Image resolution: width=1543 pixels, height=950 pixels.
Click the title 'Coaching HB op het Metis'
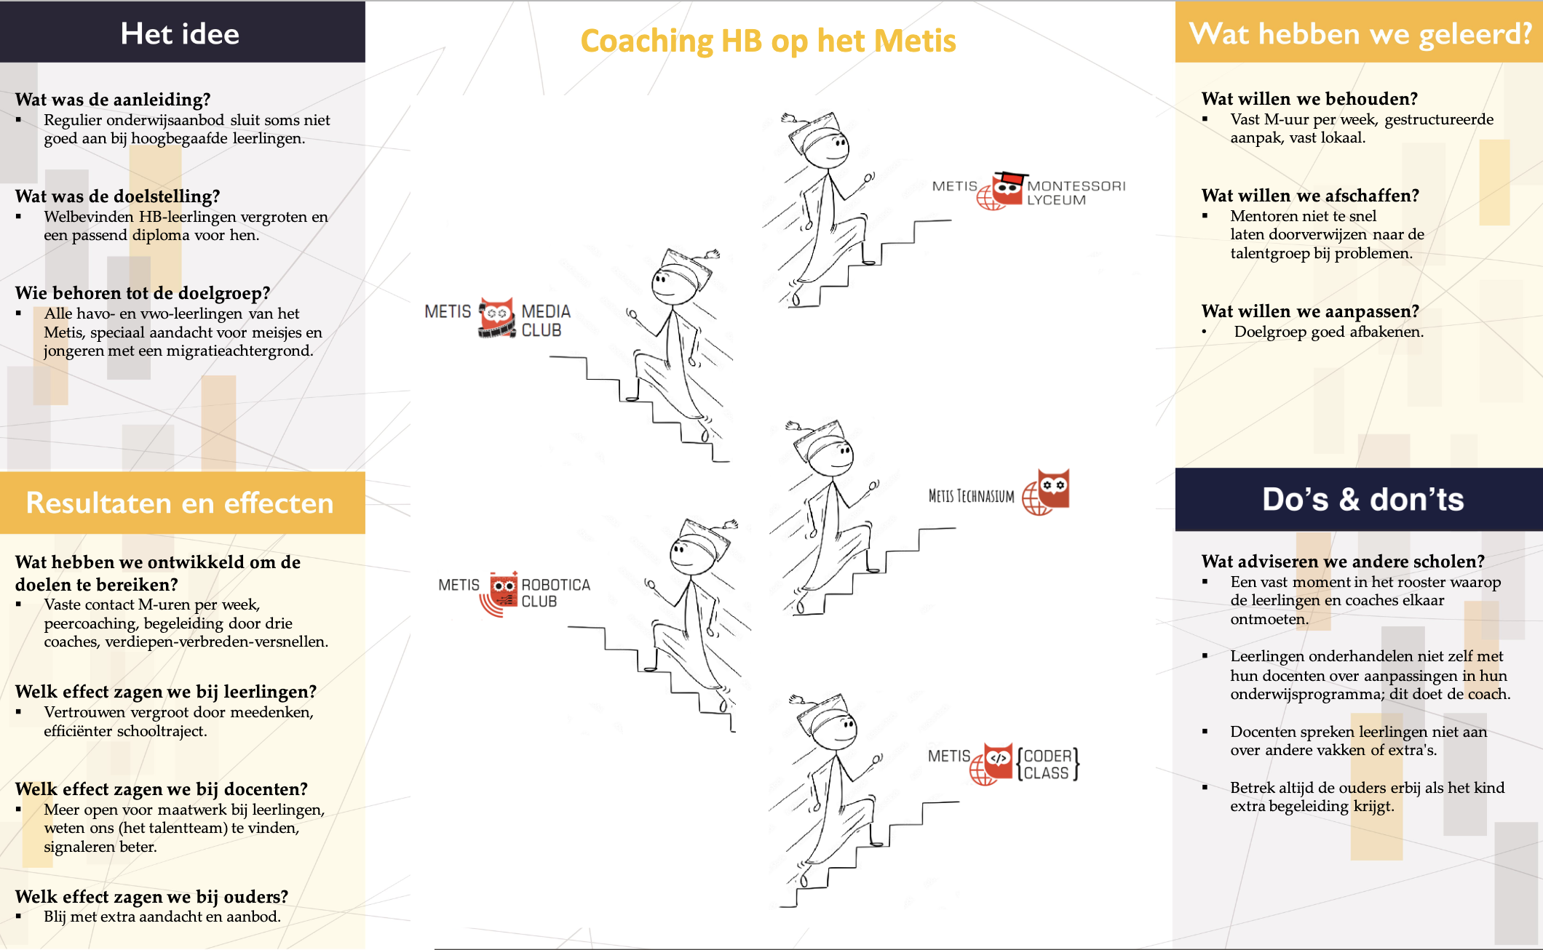click(x=768, y=41)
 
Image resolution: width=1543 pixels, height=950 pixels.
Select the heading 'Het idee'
click(x=180, y=33)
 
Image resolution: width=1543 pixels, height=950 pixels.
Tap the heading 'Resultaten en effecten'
click(x=180, y=503)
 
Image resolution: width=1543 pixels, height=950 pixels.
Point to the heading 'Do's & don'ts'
click(x=1362, y=500)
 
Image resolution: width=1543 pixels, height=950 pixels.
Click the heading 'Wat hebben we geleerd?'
click(x=1360, y=33)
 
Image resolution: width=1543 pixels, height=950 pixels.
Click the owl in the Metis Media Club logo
click(x=496, y=318)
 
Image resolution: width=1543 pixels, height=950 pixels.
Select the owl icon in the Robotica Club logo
click(x=504, y=589)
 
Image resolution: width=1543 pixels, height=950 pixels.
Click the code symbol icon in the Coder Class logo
click(x=998, y=759)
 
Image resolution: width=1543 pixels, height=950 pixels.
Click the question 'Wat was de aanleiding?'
click(x=113, y=100)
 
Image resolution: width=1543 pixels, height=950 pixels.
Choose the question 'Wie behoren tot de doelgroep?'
click(x=143, y=293)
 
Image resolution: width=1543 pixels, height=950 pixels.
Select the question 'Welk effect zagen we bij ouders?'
click(x=151, y=896)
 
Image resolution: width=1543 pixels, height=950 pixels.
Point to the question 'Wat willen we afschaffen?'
click(x=1310, y=196)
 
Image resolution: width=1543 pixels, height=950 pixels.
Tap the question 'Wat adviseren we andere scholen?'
click(x=1343, y=562)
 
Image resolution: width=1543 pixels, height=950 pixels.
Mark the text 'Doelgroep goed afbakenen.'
click(x=1329, y=332)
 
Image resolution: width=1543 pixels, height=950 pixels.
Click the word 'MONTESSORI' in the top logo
click(x=1076, y=186)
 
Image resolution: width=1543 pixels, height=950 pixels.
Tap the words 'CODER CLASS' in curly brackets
click(x=1048, y=765)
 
